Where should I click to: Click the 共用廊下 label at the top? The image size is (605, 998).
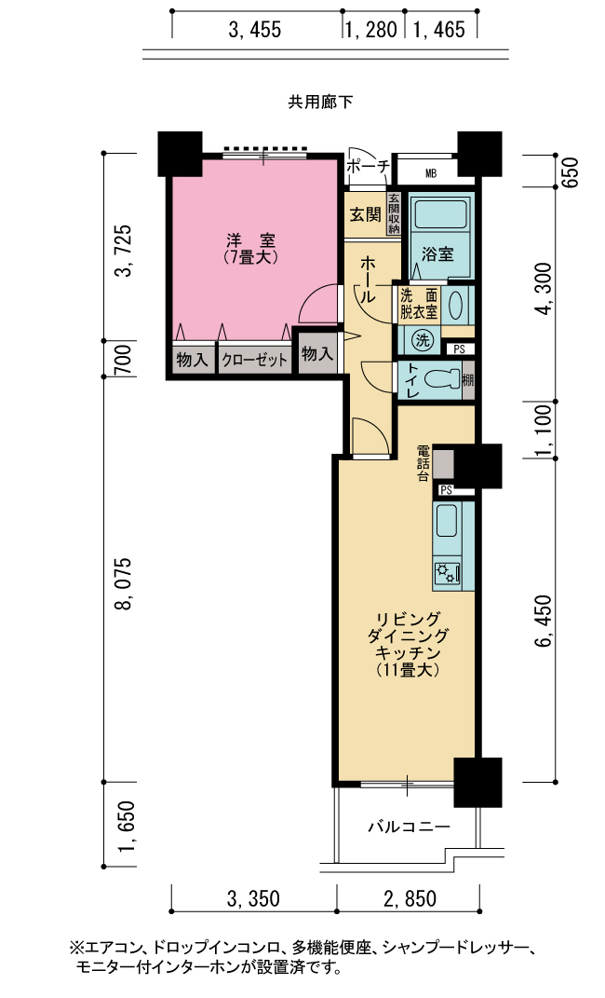(x=321, y=102)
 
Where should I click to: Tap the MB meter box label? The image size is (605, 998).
(x=431, y=173)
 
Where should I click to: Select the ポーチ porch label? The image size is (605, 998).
(x=369, y=167)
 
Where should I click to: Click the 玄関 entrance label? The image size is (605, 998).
(x=366, y=215)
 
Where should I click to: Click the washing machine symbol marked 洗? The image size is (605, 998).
(x=422, y=340)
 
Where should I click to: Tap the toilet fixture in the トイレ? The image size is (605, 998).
(x=443, y=379)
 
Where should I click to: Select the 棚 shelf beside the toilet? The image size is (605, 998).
(x=468, y=380)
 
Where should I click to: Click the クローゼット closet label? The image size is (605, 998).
(x=255, y=361)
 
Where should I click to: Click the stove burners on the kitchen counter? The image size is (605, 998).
(x=446, y=573)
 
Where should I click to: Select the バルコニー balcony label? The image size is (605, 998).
(x=410, y=827)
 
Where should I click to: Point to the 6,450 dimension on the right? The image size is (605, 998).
(x=544, y=622)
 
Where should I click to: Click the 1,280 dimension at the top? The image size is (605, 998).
(x=371, y=29)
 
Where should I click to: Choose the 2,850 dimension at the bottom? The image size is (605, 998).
(x=410, y=898)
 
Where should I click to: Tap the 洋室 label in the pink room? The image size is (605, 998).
(x=251, y=241)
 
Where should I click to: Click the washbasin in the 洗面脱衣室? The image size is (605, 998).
(x=456, y=307)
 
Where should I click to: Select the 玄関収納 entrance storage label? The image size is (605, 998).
(x=394, y=213)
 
